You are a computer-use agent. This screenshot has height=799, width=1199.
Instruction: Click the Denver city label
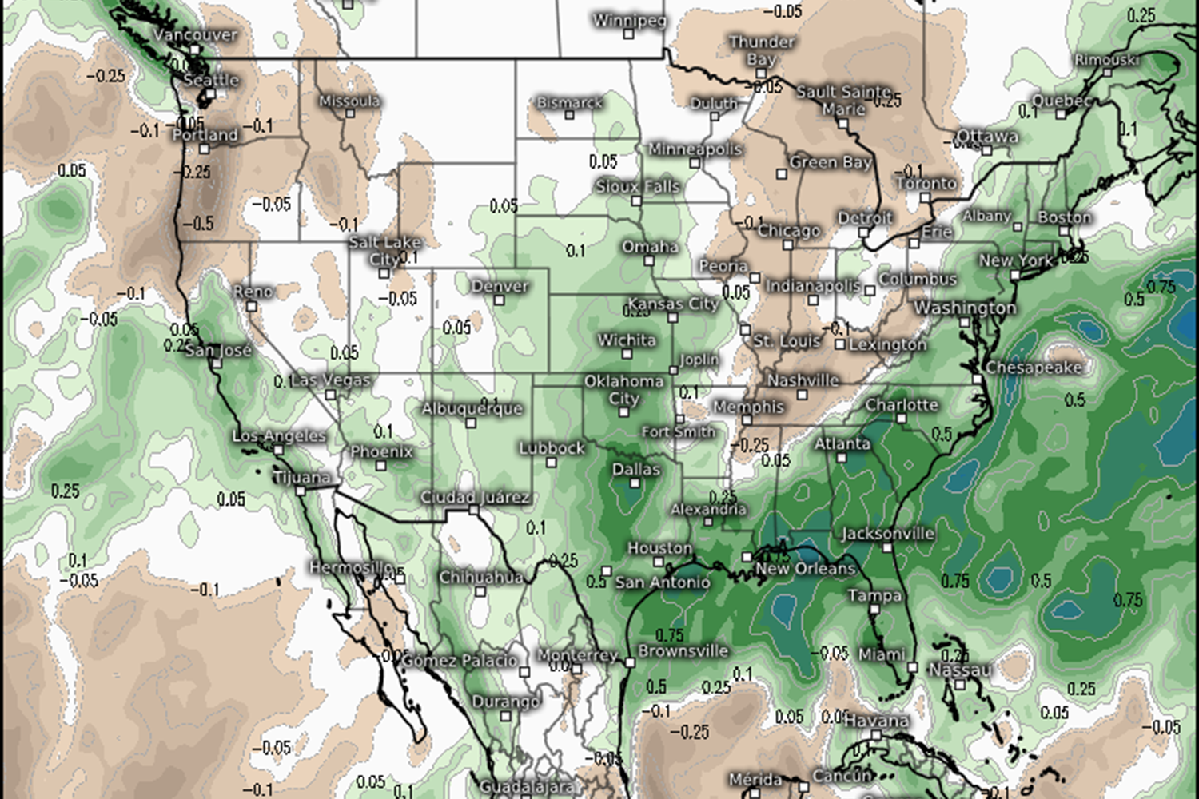(x=500, y=285)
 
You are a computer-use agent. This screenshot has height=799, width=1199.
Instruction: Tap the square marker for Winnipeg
(x=629, y=34)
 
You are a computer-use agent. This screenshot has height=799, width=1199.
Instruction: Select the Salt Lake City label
(x=384, y=249)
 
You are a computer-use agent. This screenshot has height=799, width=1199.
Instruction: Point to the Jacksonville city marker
(x=887, y=548)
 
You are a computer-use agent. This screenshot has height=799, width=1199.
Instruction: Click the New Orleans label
(x=805, y=569)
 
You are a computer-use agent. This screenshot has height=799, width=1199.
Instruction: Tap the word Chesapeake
(x=1033, y=368)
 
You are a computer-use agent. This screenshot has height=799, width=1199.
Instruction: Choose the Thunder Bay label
(x=762, y=50)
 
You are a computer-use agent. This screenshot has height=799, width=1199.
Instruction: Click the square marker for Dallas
(x=635, y=483)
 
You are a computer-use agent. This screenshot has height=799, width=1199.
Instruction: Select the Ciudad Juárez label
(x=475, y=497)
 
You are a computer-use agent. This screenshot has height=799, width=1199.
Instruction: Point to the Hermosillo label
(x=352, y=567)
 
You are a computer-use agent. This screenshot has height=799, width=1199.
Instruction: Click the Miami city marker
(x=912, y=667)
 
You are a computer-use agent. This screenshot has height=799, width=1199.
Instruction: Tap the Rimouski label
(x=1106, y=60)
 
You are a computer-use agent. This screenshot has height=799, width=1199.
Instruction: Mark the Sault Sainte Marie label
(x=843, y=101)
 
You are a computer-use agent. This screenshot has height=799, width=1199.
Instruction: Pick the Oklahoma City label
(x=623, y=390)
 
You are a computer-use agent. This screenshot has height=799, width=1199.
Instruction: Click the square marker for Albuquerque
(x=472, y=423)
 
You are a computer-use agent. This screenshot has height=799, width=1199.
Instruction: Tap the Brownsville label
(x=683, y=650)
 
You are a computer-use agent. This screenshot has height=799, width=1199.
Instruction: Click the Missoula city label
(x=349, y=101)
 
